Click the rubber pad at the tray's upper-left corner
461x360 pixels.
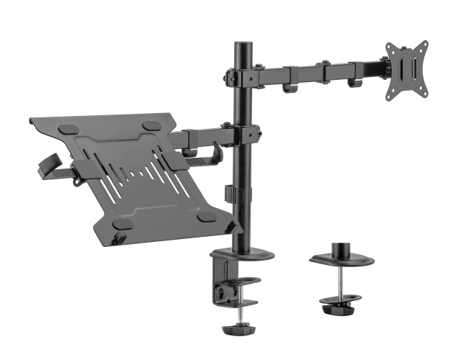pyautogui.click(x=66, y=129)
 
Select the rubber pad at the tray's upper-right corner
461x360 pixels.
pyautogui.click(x=151, y=126)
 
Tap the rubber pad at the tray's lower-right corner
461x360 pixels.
pyautogui.click(x=206, y=216)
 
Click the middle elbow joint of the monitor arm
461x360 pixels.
pyautogui.click(x=325, y=71)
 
